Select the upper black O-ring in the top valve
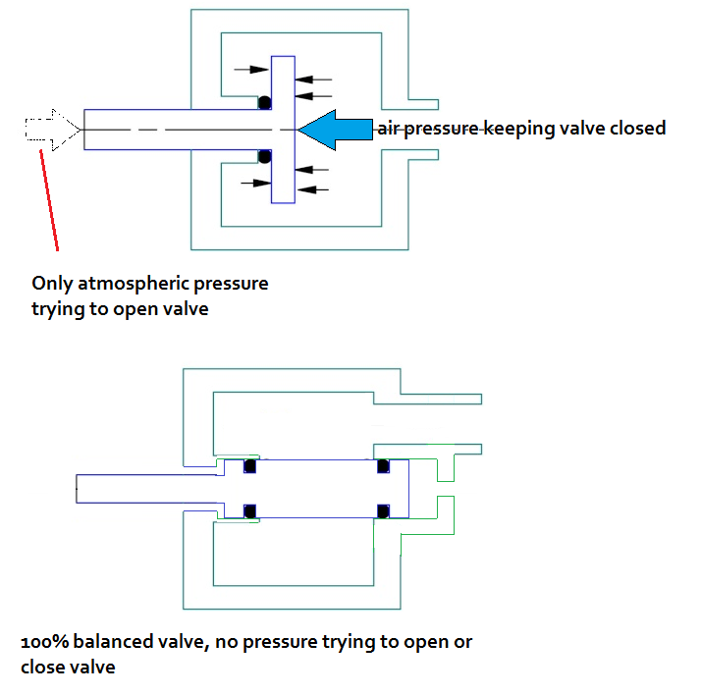pos(263,102)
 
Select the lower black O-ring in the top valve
pos(263,157)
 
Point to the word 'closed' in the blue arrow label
pos(635,129)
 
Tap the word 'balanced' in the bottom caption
pos(111,643)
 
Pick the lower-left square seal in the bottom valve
pos(249,510)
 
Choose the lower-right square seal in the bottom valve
pos(383,510)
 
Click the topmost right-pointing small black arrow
pos(250,69)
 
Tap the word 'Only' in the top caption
pos(52,284)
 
